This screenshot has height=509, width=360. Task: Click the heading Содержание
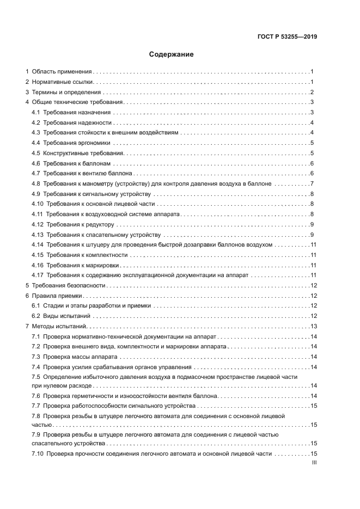172,54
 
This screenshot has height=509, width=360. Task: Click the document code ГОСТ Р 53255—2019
287,37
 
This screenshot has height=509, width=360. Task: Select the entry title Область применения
62,71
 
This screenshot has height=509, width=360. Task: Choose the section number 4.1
36,112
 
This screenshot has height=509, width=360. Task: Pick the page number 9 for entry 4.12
312,224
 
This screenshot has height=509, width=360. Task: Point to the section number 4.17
38,275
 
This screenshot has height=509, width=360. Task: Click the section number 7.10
38,453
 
